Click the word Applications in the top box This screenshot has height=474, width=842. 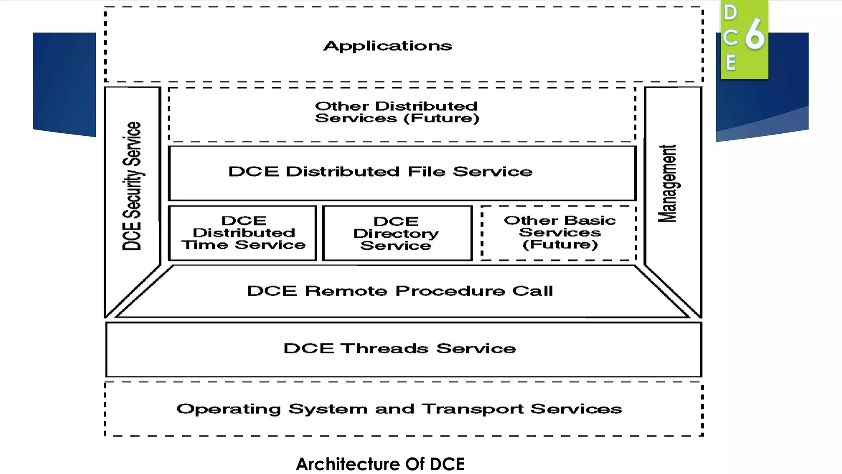tap(387, 46)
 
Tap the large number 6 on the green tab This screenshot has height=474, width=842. tap(755, 34)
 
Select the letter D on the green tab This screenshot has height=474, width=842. tap(731, 12)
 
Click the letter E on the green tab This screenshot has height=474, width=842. tap(731, 63)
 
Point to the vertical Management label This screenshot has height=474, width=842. tap(667, 184)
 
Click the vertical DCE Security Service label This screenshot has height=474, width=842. tap(132, 186)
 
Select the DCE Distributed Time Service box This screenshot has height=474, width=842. tap(243, 233)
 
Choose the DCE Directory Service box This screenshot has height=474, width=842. tap(396, 233)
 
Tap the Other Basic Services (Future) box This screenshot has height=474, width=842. tap(559, 233)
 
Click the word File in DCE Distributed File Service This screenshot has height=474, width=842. tap(426, 171)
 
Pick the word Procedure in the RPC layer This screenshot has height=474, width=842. tap(450, 291)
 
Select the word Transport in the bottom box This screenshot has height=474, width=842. tap(473, 409)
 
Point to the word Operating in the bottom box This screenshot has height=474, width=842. tap(229, 409)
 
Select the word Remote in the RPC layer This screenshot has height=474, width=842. tap(346, 291)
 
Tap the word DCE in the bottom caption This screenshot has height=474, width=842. tap(447, 464)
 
